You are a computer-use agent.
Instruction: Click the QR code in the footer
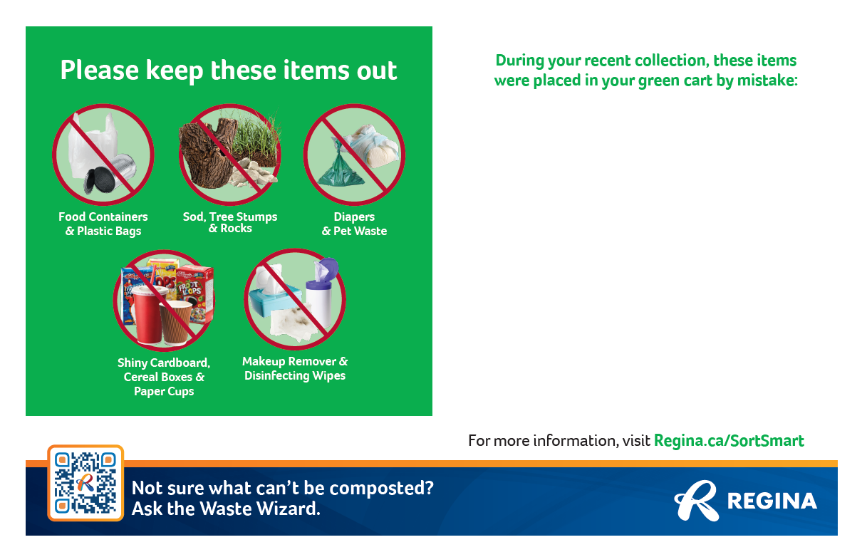click(85, 483)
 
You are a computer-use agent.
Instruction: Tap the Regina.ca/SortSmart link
click(729, 441)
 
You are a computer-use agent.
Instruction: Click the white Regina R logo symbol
click(697, 501)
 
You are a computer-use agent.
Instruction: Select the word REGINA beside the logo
click(772, 501)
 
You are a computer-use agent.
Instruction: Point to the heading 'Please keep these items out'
click(229, 71)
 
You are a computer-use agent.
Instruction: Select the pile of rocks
click(254, 174)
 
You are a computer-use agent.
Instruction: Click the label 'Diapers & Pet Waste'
click(355, 224)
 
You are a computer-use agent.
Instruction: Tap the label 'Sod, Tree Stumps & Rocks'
click(230, 222)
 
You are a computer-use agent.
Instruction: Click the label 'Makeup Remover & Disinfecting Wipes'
click(295, 368)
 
